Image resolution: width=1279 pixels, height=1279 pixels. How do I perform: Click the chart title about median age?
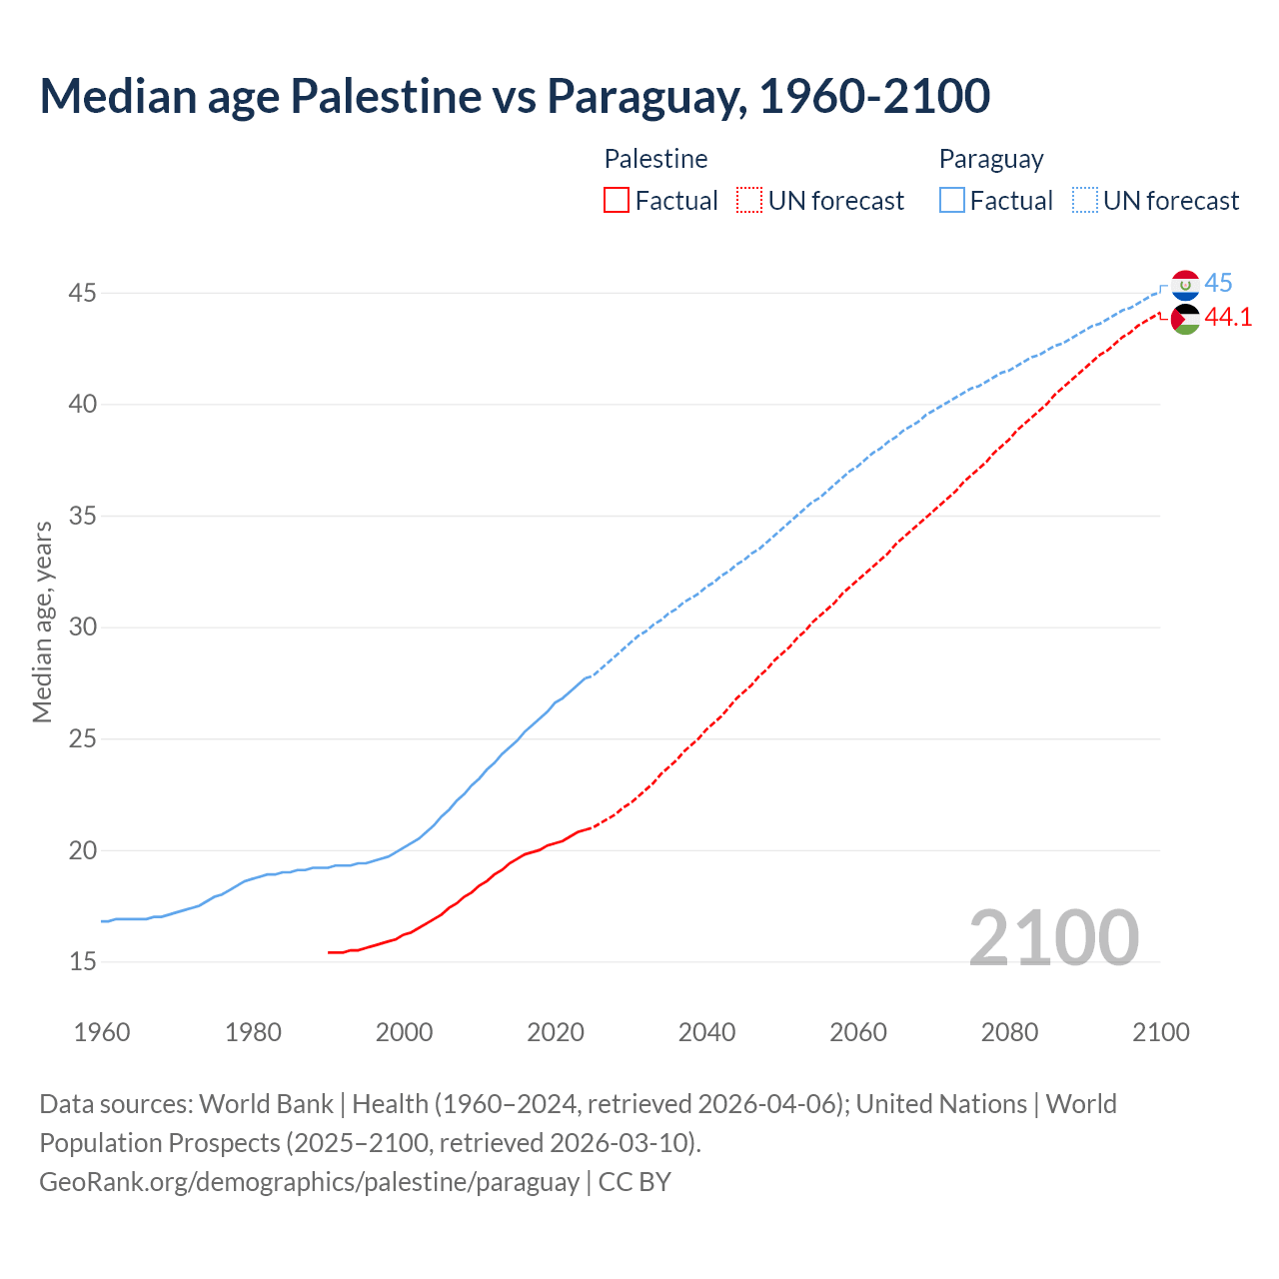[x=515, y=96]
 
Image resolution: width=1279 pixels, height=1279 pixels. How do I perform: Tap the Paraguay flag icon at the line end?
[x=1185, y=285]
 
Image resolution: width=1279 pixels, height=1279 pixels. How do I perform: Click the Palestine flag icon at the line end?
[x=1185, y=319]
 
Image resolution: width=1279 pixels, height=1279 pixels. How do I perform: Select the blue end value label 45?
[x=1218, y=283]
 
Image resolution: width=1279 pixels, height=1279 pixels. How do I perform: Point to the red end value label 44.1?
[x=1228, y=317]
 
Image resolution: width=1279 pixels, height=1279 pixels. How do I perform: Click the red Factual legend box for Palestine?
[x=617, y=201]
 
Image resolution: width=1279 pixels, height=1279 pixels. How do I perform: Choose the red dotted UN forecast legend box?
[x=749, y=201]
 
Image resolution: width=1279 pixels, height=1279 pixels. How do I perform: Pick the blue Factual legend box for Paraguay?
[x=952, y=201]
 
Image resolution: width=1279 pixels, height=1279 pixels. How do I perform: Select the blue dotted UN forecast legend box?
[x=1085, y=201]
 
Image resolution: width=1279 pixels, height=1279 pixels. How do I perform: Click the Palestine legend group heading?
[x=655, y=159]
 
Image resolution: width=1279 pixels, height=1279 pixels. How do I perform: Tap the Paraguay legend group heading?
[x=991, y=159]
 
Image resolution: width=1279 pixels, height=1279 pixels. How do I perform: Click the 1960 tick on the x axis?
[x=102, y=1032]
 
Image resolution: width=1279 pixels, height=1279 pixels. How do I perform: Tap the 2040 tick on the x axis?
[x=706, y=1032]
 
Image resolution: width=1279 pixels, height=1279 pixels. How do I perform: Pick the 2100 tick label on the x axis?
[x=1160, y=1032]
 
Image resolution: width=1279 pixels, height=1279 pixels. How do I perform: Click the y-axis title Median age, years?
[x=42, y=622]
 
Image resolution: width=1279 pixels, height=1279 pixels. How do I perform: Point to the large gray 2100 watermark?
[x=1053, y=937]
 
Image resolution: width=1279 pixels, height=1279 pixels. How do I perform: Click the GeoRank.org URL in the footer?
[x=309, y=1182]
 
